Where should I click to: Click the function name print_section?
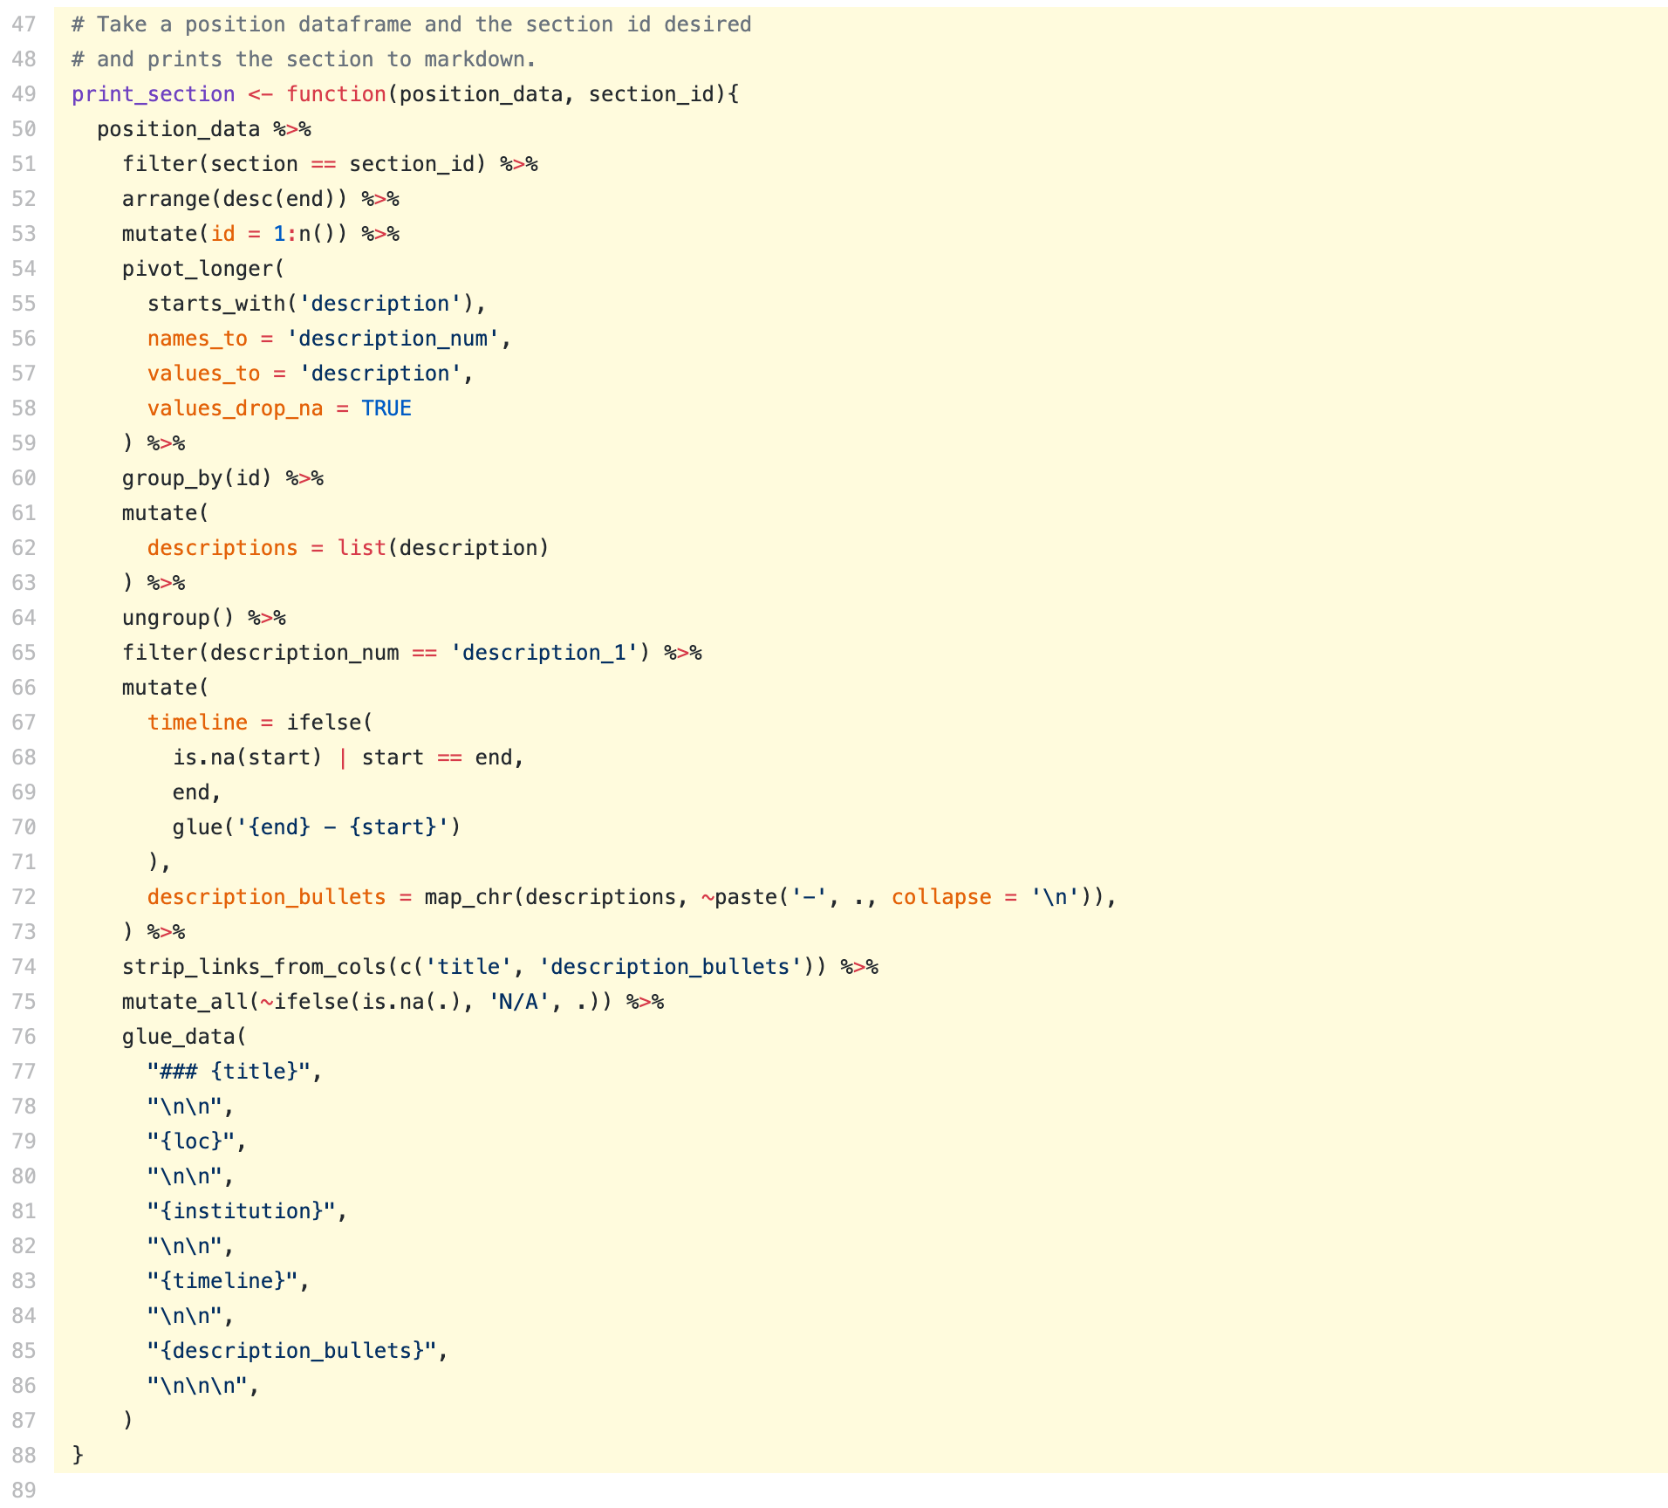coord(153,94)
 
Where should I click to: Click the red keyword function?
coord(336,94)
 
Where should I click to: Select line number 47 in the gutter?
coord(24,24)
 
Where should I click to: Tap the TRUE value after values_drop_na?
coord(386,408)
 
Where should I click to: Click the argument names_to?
coord(197,339)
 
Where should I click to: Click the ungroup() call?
coord(178,618)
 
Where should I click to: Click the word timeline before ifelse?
coord(197,723)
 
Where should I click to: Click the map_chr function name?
coord(468,897)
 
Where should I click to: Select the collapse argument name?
coord(941,897)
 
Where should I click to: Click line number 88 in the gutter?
coord(24,1456)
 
